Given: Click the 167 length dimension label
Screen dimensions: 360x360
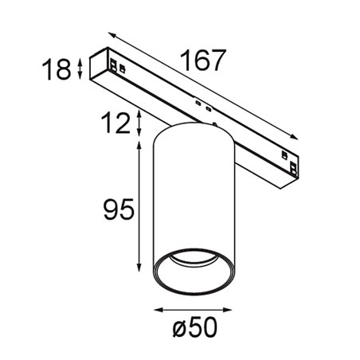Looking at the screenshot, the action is click(203, 61).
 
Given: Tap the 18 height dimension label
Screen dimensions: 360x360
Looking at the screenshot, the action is click(57, 69).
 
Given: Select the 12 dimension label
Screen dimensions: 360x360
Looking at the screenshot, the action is click(116, 123).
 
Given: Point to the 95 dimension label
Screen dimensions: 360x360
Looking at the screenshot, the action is click(119, 209).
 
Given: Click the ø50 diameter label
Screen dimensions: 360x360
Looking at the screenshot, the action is click(194, 327).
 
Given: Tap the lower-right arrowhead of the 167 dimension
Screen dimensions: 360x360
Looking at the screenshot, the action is click(294, 137).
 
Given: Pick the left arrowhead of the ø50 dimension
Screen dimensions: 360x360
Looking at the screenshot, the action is click(158, 310).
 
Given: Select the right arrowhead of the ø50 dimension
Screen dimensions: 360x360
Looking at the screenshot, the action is click(228, 310).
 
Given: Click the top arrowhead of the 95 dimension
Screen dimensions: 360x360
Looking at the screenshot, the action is click(139, 146).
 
